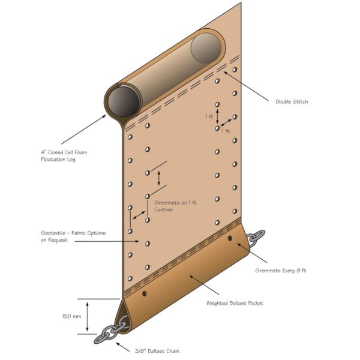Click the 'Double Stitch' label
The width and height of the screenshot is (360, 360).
292,102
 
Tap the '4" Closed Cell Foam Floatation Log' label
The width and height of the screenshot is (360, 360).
64,156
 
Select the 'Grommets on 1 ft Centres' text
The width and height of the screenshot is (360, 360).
176,206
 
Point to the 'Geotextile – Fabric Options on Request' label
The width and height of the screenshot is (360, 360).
73,236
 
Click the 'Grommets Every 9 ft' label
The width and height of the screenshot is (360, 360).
281,271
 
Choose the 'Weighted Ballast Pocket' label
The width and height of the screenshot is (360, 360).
235,303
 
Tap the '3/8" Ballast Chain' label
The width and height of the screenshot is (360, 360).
157,351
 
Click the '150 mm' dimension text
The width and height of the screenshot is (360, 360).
71,316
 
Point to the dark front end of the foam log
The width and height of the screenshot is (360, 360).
123,101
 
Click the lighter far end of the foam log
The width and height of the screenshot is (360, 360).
206,48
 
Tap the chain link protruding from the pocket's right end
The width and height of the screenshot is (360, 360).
256,238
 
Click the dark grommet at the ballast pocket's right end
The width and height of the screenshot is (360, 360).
230,239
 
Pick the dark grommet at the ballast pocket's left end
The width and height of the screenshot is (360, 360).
144,293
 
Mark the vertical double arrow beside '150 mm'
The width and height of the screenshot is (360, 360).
87,317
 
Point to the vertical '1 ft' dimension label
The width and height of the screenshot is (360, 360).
209,116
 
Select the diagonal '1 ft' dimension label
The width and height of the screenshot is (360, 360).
226,131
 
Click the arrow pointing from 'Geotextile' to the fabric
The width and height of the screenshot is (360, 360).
107,241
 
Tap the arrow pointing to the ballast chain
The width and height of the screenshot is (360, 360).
123,347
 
